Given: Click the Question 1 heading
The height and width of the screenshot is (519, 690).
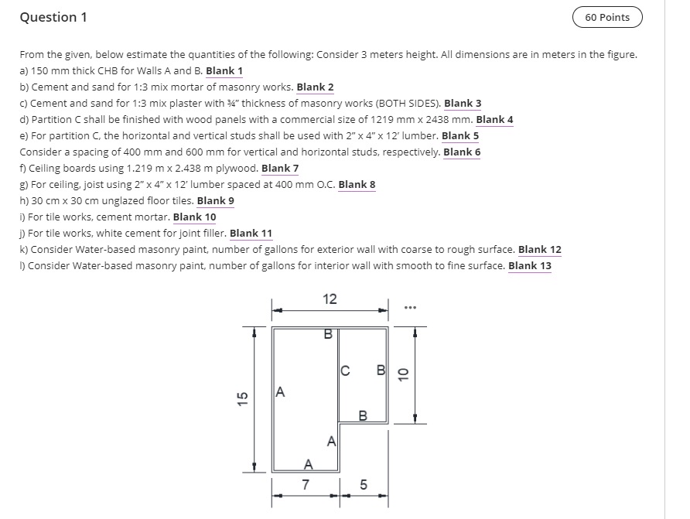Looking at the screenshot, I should click(x=53, y=17).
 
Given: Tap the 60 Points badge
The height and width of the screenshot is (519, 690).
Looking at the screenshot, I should click(x=607, y=17).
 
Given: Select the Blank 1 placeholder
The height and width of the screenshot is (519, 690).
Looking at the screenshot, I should click(x=224, y=71).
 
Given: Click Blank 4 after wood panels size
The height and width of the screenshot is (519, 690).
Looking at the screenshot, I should click(x=494, y=120).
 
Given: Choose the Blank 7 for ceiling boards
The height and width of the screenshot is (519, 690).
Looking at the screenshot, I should click(x=280, y=169).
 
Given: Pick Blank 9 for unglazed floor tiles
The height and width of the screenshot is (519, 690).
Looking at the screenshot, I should click(x=215, y=201).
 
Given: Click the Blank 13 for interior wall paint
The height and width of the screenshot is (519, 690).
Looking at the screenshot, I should click(x=530, y=266).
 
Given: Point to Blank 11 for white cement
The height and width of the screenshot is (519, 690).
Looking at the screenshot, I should click(x=251, y=234).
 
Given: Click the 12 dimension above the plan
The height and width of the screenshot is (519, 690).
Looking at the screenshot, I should click(x=330, y=299).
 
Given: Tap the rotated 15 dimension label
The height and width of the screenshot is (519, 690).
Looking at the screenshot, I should click(x=242, y=398).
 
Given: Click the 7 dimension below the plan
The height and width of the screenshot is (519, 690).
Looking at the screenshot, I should click(x=306, y=486).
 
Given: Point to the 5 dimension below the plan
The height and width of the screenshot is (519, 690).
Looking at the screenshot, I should click(x=364, y=486).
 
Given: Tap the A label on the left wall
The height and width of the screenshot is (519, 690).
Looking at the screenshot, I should click(x=280, y=392).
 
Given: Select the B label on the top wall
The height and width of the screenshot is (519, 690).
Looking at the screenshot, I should click(x=327, y=335).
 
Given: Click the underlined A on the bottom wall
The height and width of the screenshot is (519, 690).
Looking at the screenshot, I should click(x=308, y=464).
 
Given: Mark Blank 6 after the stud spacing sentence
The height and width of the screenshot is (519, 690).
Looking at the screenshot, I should click(x=462, y=152).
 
